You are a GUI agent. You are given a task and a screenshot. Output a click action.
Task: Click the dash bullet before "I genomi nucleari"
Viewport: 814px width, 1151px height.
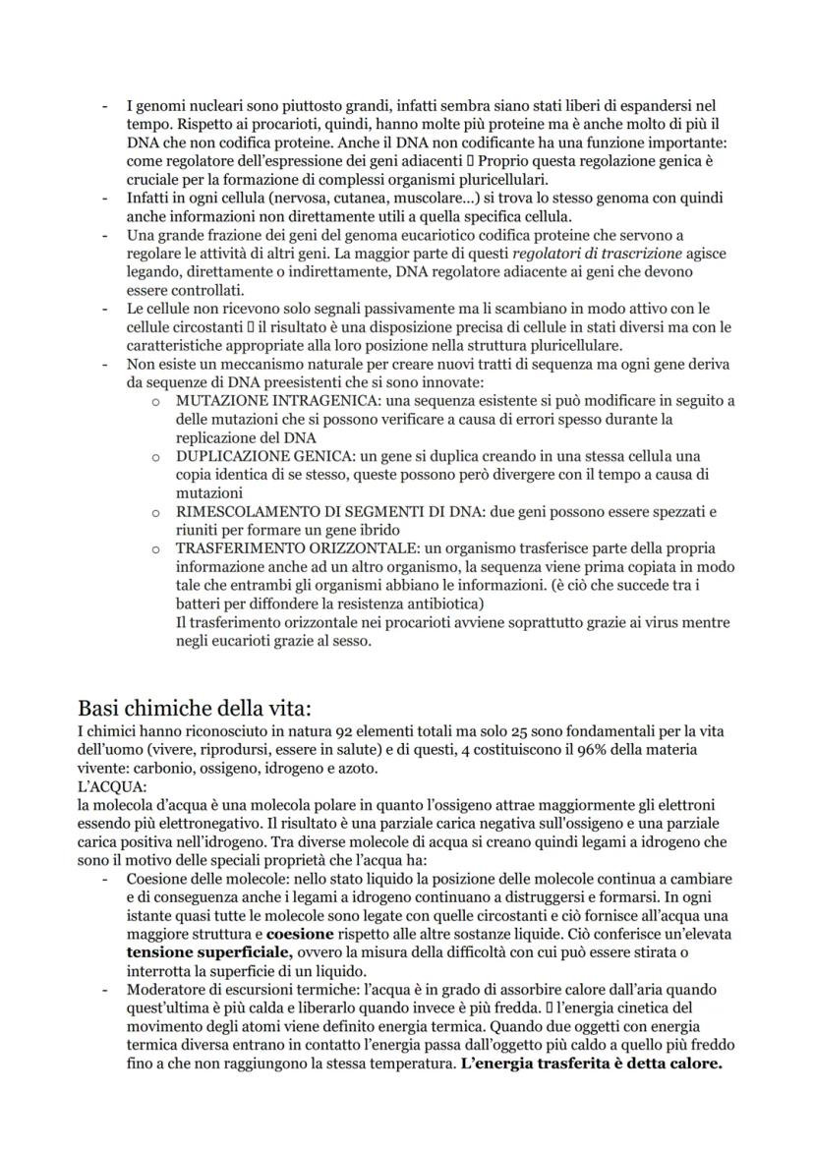click(x=105, y=104)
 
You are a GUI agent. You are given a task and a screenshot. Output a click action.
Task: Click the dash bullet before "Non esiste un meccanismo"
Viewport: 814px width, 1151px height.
click(x=105, y=364)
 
